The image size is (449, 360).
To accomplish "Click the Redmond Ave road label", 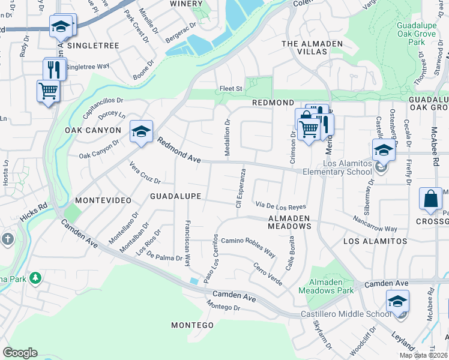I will [x=179, y=151].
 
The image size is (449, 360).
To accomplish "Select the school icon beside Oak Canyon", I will [x=140, y=131].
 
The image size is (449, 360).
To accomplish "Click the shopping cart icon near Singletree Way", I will [x=49, y=91].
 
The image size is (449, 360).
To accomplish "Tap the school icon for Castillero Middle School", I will [x=397, y=301].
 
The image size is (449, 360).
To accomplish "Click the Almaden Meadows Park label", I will [x=331, y=286].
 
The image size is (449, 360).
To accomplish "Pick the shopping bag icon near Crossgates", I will [x=432, y=199].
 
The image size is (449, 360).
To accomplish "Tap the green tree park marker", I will [x=35, y=278].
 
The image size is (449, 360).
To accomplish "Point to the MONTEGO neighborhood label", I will [x=192, y=325].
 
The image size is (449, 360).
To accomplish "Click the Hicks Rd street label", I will [x=34, y=212].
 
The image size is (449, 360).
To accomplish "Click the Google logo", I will [x=20, y=353].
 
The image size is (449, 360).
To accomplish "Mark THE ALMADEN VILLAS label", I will [x=312, y=47].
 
